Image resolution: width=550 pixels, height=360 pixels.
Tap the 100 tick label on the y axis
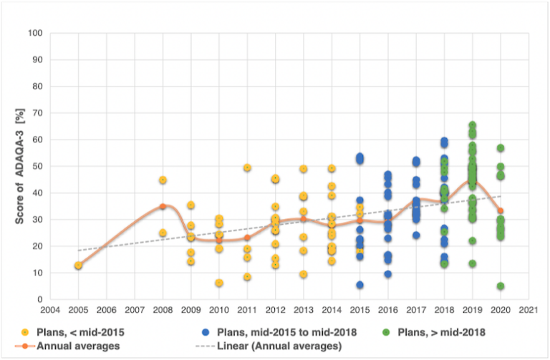(34, 34)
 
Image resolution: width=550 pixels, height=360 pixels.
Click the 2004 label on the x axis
(50, 311)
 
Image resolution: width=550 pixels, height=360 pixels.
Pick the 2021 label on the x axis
(528, 311)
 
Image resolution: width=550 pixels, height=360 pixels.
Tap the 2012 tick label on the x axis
(275, 311)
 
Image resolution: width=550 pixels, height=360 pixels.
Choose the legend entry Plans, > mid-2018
(437, 333)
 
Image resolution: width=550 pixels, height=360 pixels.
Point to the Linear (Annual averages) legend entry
(272, 346)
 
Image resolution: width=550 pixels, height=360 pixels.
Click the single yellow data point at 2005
(78, 266)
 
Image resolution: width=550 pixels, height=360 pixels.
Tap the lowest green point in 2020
(500, 286)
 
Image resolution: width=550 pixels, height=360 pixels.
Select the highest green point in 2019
(472, 125)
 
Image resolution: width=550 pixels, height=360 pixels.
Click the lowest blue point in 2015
(360, 285)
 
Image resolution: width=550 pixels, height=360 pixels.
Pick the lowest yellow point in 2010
(218, 283)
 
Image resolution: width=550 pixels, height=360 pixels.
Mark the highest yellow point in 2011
(247, 167)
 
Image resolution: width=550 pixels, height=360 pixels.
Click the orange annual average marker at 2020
(500, 211)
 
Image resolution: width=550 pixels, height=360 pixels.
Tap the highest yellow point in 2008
(163, 180)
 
